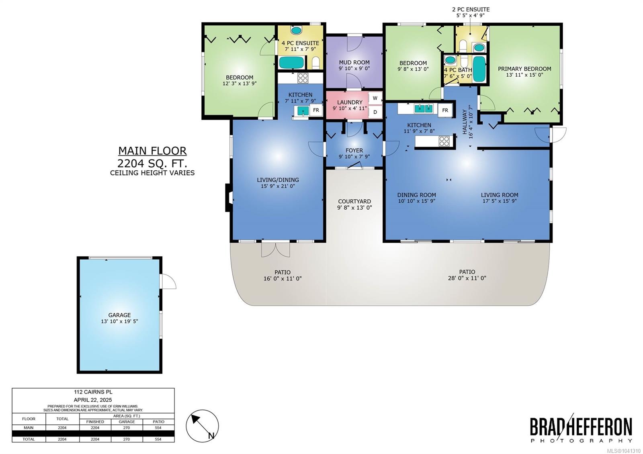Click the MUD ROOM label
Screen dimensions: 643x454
pyautogui.click(x=354, y=62)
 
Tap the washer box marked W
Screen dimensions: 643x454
pyautogui.click(x=375, y=98)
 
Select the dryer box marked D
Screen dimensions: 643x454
pyautogui.click(x=375, y=112)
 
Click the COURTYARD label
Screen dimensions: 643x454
pyautogui.click(x=354, y=201)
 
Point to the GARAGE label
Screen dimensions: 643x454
pyautogui.click(x=119, y=315)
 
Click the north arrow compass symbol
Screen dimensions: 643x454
pyautogui.click(x=203, y=426)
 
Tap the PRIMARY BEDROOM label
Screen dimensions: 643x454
pyautogui.click(x=524, y=69)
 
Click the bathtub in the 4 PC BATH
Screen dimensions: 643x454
pyautogui.click(x=479, y=69)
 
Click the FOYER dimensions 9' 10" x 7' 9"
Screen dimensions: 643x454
pyautogui.click(x=354, y=157)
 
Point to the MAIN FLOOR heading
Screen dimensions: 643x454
pyautogui.click(x=152, y=151)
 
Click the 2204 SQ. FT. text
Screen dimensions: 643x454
pyautogui.click(x=152, y=163)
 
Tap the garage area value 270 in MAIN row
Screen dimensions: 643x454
pyautogui.click(x=127, y=427)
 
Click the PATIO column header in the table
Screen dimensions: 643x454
pyautogui.click(x=158, y=421)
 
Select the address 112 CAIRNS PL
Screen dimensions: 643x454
pyautogui.click(x=93, y=392)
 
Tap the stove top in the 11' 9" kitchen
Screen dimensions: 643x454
pyautogui.click(x=444, y=141)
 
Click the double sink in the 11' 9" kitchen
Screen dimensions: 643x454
pyautogui.click(x=424, y=109)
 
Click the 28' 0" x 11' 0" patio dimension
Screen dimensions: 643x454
pyautogui.click(x=467, y=278)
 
